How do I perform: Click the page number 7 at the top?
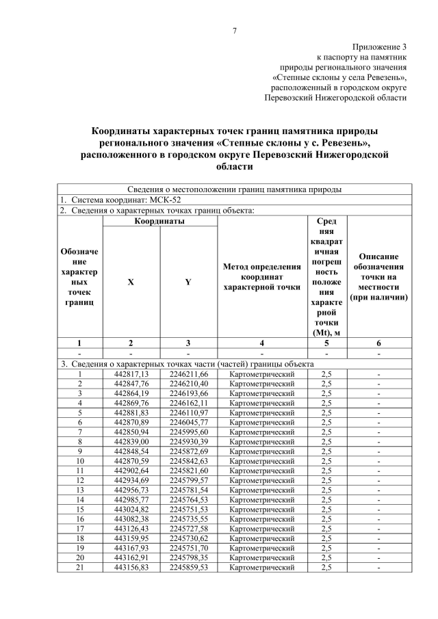click(234, 31)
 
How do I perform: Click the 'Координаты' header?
click(159, 222)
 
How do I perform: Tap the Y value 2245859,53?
click(188, 567)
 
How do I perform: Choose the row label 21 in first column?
click(79, 567)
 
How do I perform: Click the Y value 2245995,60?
click(188, 432)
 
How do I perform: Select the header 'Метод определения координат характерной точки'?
click(262, 276)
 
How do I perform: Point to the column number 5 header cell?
click(326, 343)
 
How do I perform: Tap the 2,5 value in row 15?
click(326, 509)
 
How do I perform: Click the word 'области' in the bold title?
click(234, 166)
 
